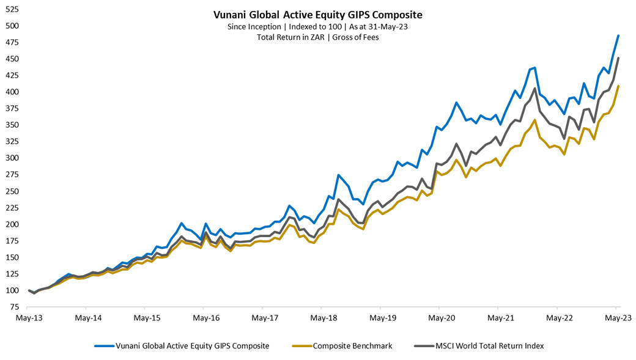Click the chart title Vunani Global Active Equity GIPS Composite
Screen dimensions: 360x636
[318, 15]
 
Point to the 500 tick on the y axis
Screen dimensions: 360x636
[11, 26]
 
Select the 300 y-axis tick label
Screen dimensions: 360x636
[11, 158]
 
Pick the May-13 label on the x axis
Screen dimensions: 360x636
[29, 318]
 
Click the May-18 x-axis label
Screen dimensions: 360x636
[324, 318]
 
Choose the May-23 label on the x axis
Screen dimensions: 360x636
[618, 318]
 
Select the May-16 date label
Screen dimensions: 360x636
[206, 318]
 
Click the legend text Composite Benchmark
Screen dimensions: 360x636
[352, 346]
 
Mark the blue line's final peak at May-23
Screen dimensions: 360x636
[618, 35]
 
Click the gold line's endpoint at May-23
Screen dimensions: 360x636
[618, 86]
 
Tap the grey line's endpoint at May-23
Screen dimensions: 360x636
[618, 59]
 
